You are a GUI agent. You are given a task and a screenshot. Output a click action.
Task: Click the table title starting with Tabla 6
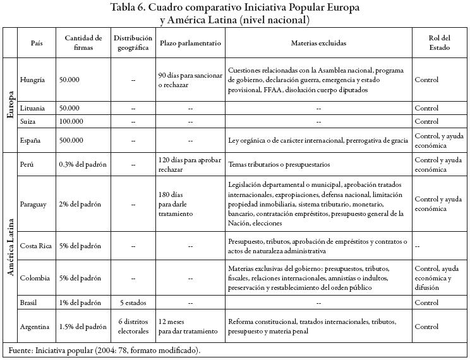[235, 13]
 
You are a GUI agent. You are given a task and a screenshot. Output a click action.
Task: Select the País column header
[37, 43]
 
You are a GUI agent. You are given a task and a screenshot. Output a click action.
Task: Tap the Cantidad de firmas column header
[83, 43]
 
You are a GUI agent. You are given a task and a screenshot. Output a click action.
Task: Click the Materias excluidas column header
[318, 43]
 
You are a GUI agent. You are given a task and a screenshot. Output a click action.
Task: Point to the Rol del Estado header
[439, 43]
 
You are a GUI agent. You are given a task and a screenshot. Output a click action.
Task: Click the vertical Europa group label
[10, 105]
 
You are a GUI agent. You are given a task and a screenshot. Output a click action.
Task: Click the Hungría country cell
[33, 80]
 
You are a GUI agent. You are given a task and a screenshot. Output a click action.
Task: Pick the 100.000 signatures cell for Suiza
[71, 121]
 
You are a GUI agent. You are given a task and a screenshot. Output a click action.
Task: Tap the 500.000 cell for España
[71, 140]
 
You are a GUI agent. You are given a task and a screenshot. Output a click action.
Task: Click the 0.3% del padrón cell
[83, 165]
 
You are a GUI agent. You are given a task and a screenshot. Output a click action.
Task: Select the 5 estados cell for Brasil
[133, 303]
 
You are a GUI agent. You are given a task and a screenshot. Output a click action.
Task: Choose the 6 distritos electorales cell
[133, 327]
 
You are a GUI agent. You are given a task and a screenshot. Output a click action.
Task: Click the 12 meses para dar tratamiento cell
[188, 327]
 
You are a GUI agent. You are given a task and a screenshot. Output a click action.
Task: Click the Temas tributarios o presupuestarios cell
[279, 165]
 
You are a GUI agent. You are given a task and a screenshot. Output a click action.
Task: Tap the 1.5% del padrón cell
[83, 327]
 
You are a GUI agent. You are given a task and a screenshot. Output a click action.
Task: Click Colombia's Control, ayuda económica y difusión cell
[437, 278]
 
